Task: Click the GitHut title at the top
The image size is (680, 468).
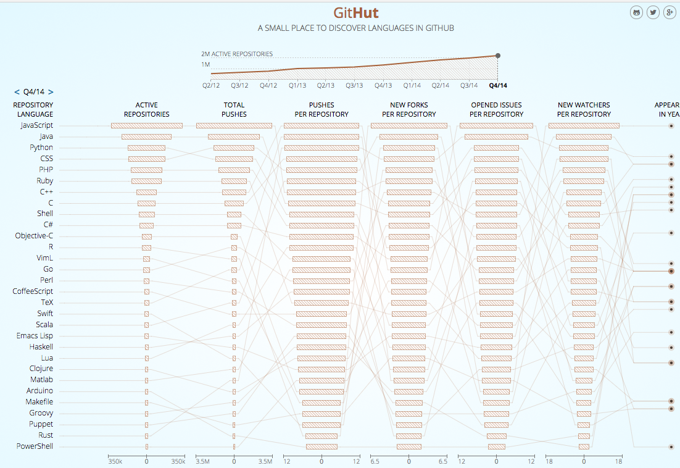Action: (356, 13)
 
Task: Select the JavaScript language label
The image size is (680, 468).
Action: (36, 125)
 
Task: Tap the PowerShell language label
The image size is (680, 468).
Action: (35, 446)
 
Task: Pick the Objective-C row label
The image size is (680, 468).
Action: (34, 236)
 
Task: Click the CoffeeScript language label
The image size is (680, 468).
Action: (33, 291)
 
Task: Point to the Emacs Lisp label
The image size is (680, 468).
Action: (35, 336)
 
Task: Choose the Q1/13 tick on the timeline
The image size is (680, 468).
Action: (298, 86)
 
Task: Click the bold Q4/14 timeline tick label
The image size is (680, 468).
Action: (497, 86)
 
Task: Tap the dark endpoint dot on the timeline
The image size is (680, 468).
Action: (498, 56)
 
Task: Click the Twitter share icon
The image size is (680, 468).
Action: (653, 12)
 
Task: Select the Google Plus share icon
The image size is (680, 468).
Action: (670, 12)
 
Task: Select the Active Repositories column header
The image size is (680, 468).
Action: (146, 109)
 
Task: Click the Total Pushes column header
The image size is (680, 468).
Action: (234, 109)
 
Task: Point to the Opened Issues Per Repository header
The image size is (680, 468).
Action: (496, 109)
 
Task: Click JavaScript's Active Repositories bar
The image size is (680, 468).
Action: (146, 125)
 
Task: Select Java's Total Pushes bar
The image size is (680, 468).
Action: (234, 136)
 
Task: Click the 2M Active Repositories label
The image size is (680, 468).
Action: (237, 54)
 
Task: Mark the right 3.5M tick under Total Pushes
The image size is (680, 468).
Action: (265, 461)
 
